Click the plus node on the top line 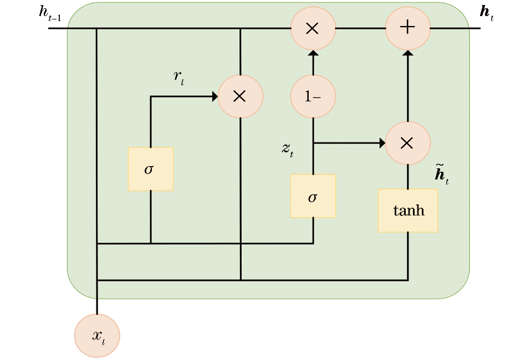click(x=407, y=28)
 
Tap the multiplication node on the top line click(x=313, y=28)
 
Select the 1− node click(x=313, y=96)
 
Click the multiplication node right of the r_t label click(x=240, y=96)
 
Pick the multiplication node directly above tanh click(x=407, y=143)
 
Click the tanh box click(x=408, y=210)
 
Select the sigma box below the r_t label click(x=150, y=168)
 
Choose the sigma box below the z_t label click(x=313, y=196)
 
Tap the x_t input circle click(x=97, y=336)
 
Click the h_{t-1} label click(x=49, y=13)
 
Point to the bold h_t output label click(x=486, y=12)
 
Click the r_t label click(x=178, y=77)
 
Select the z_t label click(x=287, y=148)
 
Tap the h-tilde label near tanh click(x=441, y=174)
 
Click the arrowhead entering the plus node click(x=407, y=53)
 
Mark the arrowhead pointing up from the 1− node click(x=313, y=53)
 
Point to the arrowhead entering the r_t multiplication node click(x=215, y=96)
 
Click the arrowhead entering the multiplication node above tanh click(x=382, y=143)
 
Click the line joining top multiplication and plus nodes click(x=360, y=28)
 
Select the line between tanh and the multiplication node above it click(x=407, y=176)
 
